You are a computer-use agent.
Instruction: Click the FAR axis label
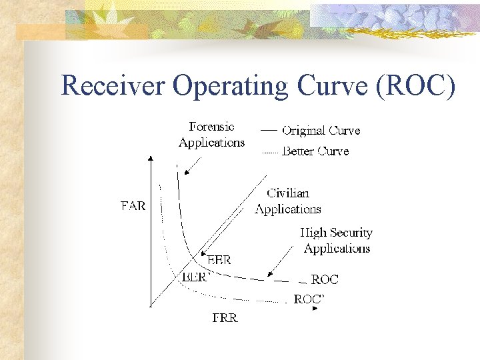[133, 206]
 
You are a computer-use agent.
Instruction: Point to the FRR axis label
[225, 318]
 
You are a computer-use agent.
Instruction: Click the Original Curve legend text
[321, 131]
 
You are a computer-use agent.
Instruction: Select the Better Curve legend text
[315, 151]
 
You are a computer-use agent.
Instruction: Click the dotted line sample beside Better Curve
[269, 153]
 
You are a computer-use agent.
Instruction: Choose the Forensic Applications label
[211, 134]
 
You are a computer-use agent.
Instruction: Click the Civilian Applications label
[288, 201]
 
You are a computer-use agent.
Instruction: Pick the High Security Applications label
[336, 241]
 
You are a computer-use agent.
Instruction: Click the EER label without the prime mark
[219, 260]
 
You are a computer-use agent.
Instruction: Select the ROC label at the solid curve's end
[325, 279]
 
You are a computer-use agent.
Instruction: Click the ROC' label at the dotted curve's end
[309, 299]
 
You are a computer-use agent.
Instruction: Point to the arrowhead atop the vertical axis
[150, 159]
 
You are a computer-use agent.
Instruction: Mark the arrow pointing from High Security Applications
[280, 261]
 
